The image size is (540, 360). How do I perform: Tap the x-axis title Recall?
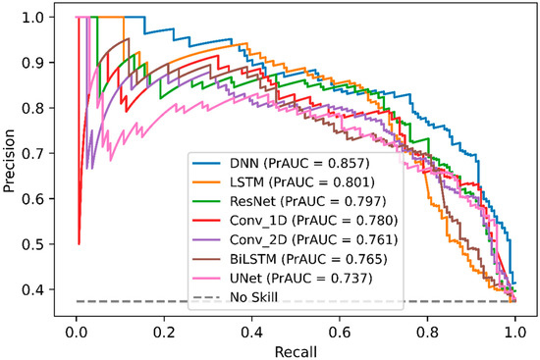[296, 348]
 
